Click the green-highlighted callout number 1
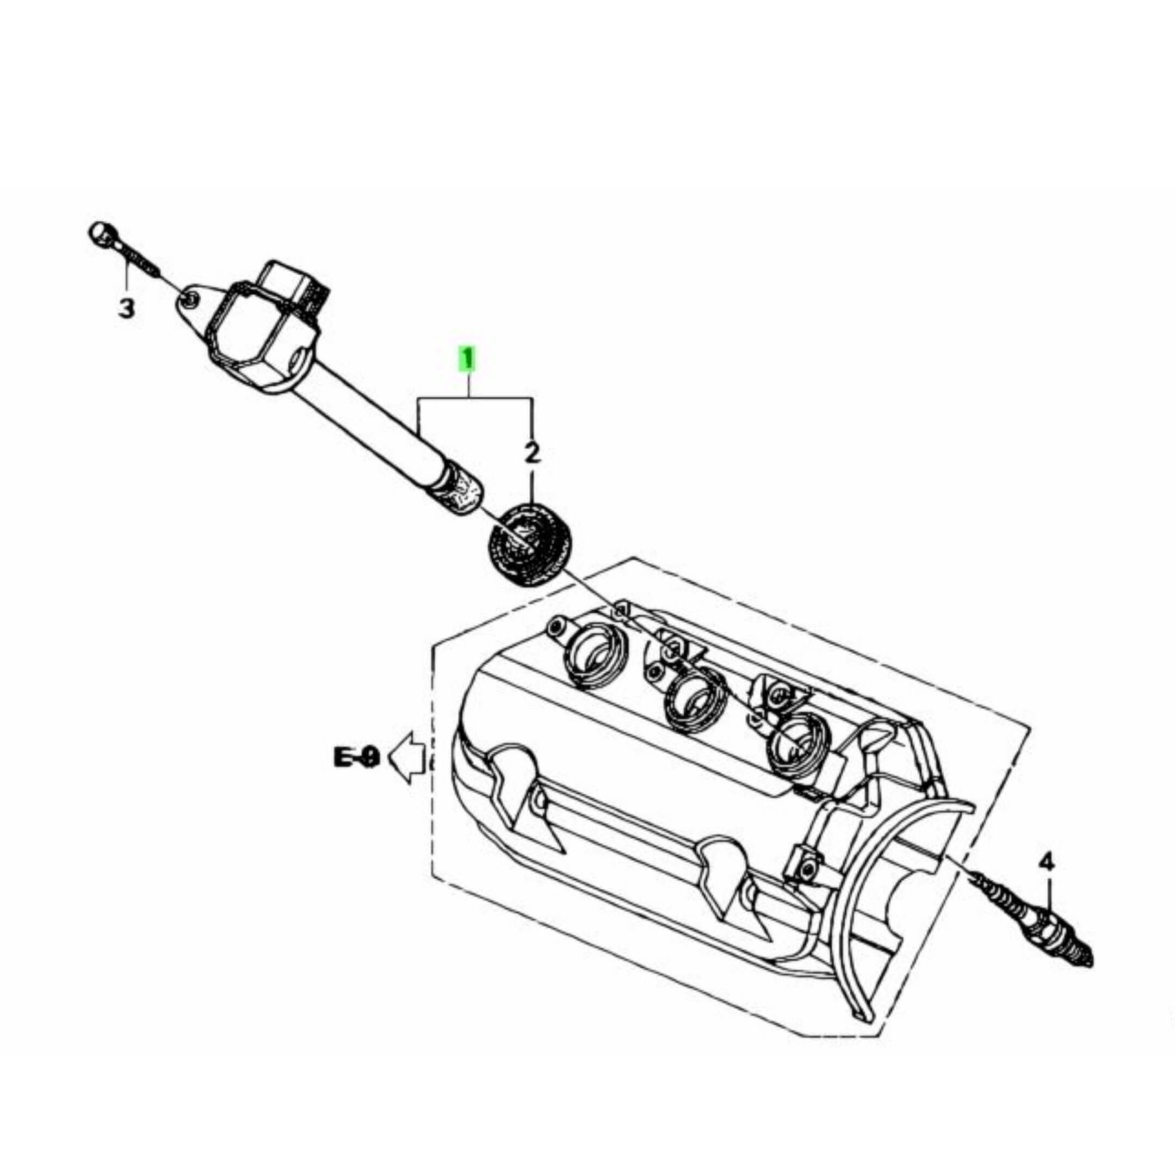(x=467, y=359)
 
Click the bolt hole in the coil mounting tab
(x=190, y=298)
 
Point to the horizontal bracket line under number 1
(x=474, y=398)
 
